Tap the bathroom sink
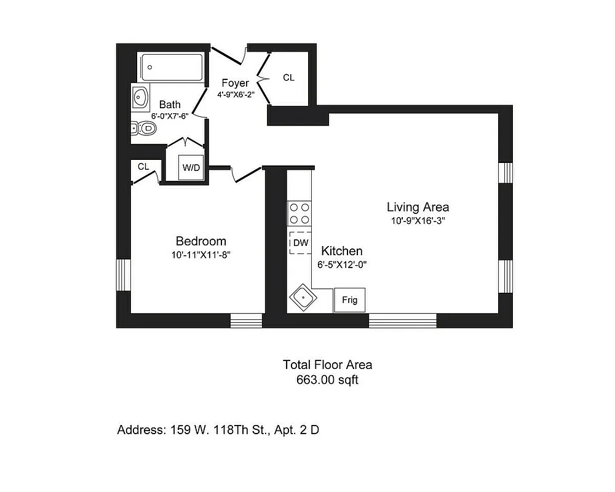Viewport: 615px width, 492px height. click(141, 97)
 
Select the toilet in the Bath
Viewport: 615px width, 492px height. click(144, 129)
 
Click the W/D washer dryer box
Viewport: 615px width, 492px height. click(190, 167)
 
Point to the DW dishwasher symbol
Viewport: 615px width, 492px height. click(300, 243)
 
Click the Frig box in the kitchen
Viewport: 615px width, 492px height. click(349, 300)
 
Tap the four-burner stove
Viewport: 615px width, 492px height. click(300, 213)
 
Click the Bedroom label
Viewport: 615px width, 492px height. click(200, 241)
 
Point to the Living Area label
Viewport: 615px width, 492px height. click(418, 207)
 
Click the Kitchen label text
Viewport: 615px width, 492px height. click(341, 251)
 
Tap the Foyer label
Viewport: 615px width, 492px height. click(235, 83)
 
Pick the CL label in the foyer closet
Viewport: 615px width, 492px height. click(288, 77)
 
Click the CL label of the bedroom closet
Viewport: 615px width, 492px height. click(143, 167)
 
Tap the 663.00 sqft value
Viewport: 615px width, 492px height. click(327, 380)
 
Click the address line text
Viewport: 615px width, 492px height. click(218, 430)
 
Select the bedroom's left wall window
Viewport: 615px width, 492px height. click(123, 274)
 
